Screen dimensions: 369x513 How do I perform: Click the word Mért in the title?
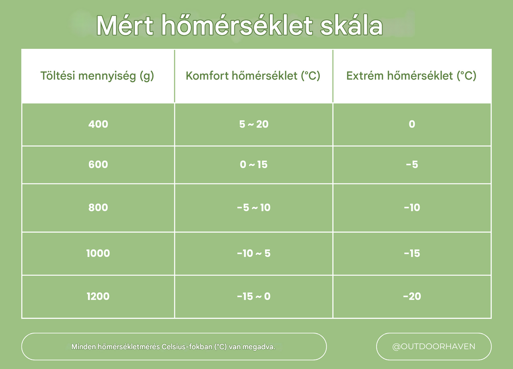[124, 26]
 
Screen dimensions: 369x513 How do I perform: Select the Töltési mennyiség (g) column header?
[97, 76]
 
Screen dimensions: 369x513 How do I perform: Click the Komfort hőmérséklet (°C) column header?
[253, 76]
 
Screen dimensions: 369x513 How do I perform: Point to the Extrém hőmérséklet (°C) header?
[411, 76]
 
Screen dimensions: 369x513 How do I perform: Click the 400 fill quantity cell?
[98, 124]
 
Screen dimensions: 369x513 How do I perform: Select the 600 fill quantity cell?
[98, 165]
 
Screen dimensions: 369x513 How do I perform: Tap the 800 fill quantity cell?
[98, 208]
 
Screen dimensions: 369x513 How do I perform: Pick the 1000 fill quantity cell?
[98, 253]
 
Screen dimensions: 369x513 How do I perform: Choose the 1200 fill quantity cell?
[98, 296]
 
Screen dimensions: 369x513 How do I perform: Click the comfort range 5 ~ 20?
[254, 124]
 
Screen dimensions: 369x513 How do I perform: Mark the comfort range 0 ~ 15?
[254, 165]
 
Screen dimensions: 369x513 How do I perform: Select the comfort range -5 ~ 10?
[254, 208]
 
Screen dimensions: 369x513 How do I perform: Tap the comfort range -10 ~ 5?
[254, 253]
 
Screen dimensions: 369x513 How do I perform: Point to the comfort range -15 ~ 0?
[254, 296]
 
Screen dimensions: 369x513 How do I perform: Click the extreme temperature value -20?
[412, 296]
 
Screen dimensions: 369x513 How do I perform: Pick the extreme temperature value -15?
[412, 253]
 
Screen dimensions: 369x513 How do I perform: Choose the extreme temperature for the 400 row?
[412, 124]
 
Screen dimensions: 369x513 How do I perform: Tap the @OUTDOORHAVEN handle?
[434, 346]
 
